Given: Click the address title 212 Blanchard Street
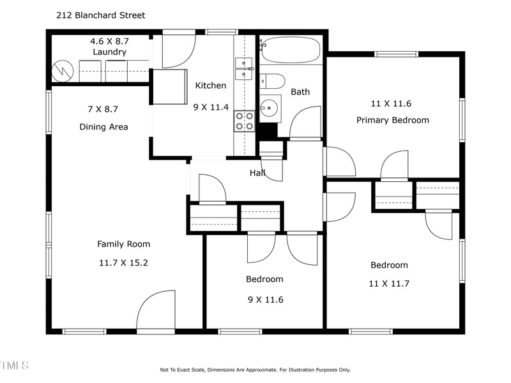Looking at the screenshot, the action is coord(101,15).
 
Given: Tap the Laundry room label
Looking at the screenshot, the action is coord(109,52).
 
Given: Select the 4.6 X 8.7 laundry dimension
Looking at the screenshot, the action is coord(109,41).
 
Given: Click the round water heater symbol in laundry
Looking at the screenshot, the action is coord(63,71).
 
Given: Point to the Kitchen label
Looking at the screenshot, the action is coord(211,86).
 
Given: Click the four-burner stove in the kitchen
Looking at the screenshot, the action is coord(245,121).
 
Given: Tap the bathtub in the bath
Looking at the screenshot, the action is coord(291,50).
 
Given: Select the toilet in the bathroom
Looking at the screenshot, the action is coord(272,81).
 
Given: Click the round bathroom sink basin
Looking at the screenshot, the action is coord(269,107).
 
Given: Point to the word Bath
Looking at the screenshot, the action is coord(300,92).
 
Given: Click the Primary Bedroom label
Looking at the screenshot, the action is coord(393,120).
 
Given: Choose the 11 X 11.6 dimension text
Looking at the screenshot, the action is coord(391,103).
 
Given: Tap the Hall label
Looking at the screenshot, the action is coord(257,172).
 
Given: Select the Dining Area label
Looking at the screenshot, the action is coord(103,126).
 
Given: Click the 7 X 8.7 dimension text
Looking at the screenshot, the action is coord(103,109).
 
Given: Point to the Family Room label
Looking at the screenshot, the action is coord(123,244).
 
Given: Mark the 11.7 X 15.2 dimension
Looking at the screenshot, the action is coord(123,262).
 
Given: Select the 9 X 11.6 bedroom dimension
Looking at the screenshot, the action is coord(266,299).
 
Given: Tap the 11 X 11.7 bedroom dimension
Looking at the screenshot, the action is coord(389,283).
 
